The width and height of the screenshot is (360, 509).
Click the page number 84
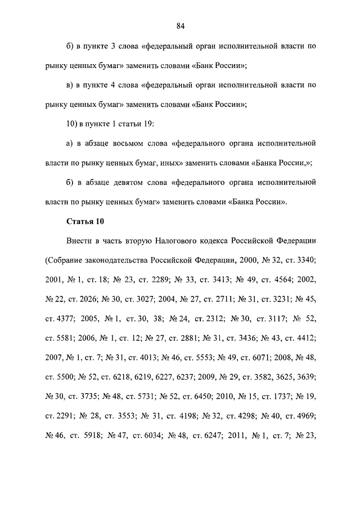click(180, 26)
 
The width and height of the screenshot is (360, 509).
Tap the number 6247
click(210, 435)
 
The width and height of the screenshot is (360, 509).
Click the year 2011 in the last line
click(242, 435)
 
